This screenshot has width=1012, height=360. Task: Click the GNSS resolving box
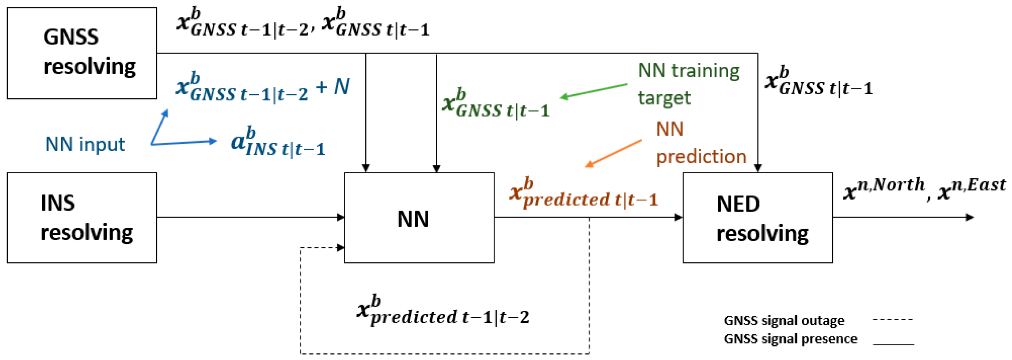[x=82, y=53]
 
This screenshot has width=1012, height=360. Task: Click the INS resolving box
[x=82, y=217]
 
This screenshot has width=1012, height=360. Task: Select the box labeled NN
[x=419, y=217]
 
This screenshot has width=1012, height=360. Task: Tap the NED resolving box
[x=757, y=217]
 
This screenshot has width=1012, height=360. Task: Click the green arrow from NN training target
[x=593, y=91]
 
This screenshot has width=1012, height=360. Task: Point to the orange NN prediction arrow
[x=613, y=153]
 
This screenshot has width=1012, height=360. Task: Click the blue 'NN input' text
[x=85, y=144]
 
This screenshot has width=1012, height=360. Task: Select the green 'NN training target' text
[x=688, y=84]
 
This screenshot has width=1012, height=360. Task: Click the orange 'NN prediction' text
[x=701, y=143]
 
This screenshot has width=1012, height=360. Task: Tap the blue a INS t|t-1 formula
[x=278, y=142]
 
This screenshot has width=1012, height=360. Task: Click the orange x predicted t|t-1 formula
[x=583, y=194]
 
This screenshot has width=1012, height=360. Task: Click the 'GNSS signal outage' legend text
[x=784, y=320]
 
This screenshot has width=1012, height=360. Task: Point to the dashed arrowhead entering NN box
[x=341, y=248]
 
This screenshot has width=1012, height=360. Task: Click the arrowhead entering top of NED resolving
[x=757, y=168]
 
